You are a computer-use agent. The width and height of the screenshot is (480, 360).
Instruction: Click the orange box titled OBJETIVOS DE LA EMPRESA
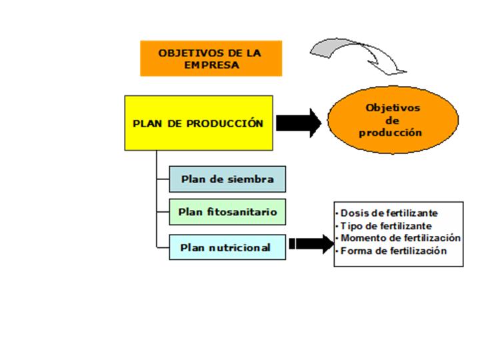[x=211, y=58]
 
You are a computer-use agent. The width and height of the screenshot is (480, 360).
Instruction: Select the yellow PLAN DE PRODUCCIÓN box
[x=199, y=123]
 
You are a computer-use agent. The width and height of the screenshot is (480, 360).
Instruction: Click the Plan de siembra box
[x=227, y=179]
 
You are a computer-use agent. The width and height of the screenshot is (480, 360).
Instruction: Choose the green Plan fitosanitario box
[x=227, y=213]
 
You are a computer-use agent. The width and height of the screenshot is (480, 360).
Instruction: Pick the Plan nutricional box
[x=227, y=247]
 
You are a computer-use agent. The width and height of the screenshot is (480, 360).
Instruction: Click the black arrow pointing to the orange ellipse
[x=298, y=123]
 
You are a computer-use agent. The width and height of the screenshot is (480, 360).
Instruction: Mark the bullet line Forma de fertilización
[x=393, y=251]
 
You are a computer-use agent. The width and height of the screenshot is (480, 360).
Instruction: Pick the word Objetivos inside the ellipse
[x=393, y=107]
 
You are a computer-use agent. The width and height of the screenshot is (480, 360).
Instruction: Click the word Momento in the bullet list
[x=360, y=238]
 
